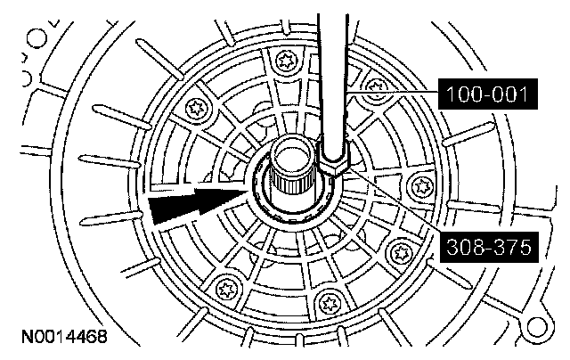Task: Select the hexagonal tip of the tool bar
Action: coord(336,165)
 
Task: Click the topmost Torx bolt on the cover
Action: coord(287,61)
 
